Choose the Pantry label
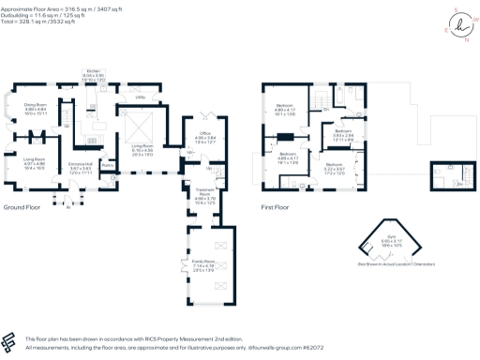point(108,165)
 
